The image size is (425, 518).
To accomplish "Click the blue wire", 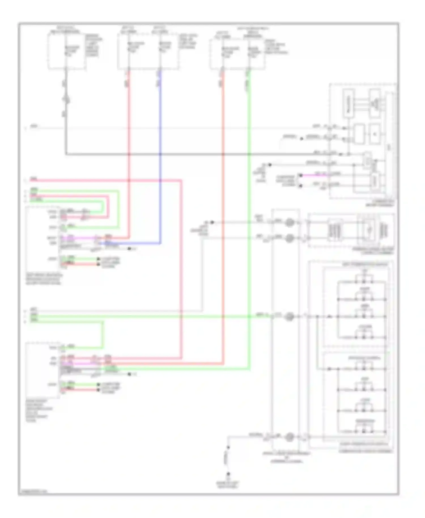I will [160, 159].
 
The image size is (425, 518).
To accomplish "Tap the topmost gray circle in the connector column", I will [289, 222].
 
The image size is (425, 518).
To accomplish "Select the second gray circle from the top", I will [289, 238].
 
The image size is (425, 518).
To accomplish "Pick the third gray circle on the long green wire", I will [289, 316].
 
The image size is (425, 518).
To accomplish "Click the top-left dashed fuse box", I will [67, 51].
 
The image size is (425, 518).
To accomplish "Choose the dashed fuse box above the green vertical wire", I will [237, 54].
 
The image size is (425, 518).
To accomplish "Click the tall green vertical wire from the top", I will [249, 198].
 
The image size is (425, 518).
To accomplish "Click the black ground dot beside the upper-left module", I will [129, 249].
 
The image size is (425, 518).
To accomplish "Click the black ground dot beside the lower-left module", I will [129, 374].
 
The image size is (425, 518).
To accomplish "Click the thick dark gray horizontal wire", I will [198, 154].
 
